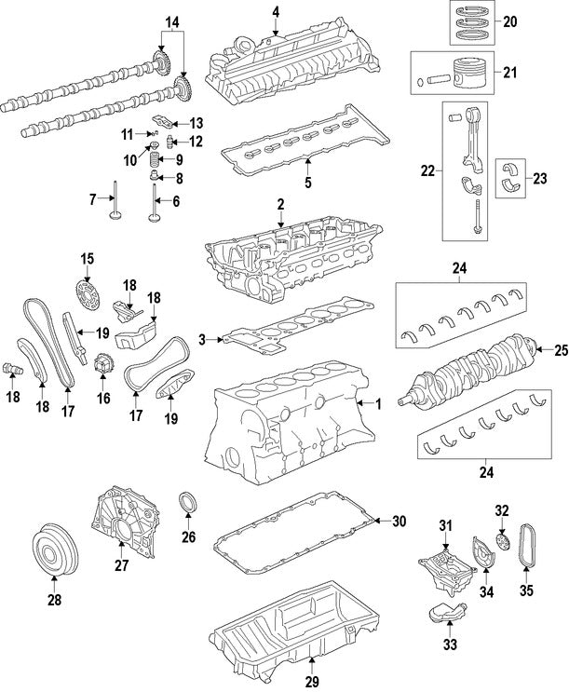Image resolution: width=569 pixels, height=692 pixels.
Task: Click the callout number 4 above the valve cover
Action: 276,12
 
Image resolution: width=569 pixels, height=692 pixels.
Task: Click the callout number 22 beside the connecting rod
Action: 427,171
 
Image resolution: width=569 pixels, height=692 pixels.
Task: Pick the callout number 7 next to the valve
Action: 93,198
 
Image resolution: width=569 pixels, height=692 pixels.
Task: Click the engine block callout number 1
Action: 379,404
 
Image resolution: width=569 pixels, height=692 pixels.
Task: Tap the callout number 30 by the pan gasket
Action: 400,522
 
